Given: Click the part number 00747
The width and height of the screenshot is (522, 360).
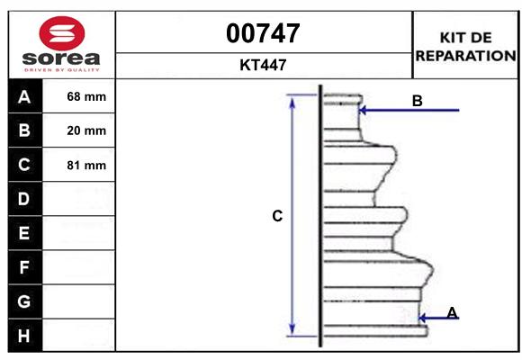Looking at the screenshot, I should click(x=263, y=33).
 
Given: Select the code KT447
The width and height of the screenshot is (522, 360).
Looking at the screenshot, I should click(x=263, y=65).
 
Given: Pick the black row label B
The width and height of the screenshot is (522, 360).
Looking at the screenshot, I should click(x=24, y=130).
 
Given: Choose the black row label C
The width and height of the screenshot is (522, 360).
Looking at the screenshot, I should click(x=24, y=165).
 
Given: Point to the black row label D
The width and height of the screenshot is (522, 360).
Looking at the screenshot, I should click(x=24, y=199).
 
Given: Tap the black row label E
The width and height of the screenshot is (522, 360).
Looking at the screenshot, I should click(x=24, y=233).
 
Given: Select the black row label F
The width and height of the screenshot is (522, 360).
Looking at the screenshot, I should click(x=24, y=267).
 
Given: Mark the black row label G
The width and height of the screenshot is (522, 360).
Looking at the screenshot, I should click(x=24, y=301).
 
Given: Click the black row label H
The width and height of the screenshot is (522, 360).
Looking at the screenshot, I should click(x=24, y=335).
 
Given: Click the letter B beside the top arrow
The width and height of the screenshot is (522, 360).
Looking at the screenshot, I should click(x=417, y=101).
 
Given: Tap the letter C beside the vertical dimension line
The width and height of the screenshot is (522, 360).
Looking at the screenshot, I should click(x=277, y=216).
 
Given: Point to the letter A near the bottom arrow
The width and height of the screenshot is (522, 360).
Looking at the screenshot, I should click(x=452, y=312).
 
